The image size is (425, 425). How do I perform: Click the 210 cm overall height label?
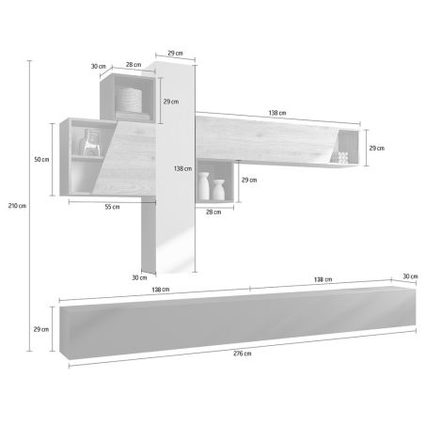(x=17, y=206)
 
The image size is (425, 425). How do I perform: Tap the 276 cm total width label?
(x=242, y=354)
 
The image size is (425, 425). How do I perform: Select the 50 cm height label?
(x=41, y=160)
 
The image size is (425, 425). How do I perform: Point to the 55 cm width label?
(x=112, y=207)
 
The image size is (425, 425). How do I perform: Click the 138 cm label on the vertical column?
(x=182, y=168)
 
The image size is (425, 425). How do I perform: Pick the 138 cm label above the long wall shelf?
(x=277, y=113)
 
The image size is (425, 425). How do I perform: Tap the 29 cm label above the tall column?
(x=175, y=53)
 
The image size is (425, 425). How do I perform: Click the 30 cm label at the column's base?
(x=139, y=277)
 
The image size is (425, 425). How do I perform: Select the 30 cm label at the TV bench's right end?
(x=410, y=276)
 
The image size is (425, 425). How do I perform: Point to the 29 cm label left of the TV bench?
(x=41, y=329)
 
